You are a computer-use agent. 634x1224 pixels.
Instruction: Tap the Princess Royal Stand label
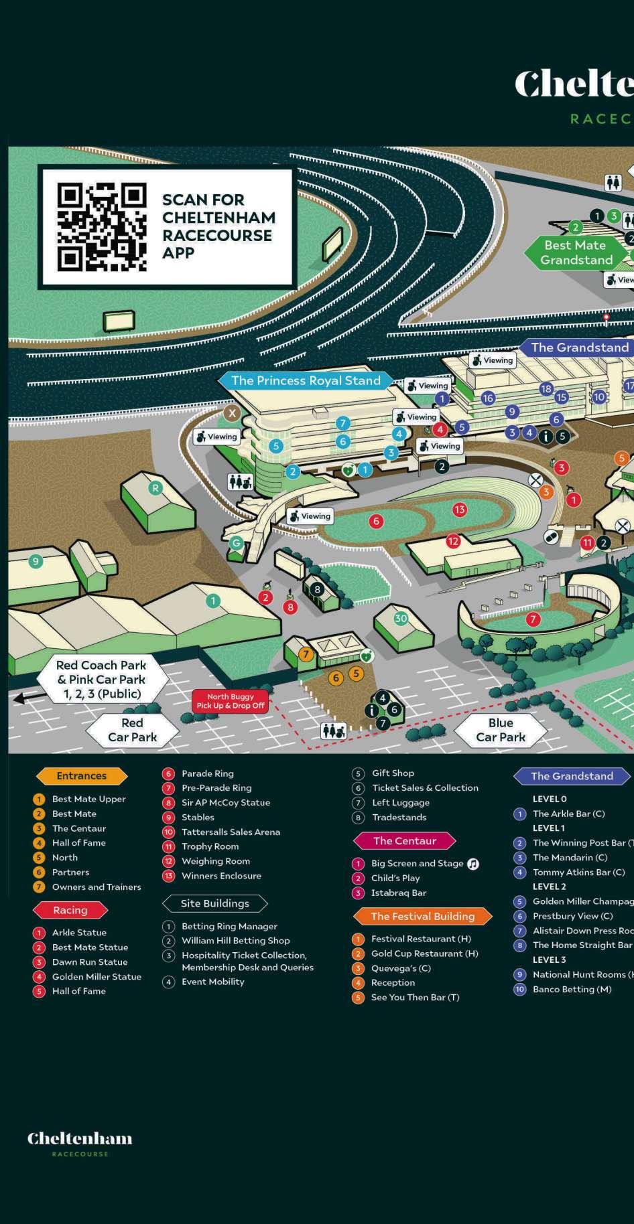click(x=306, y=380)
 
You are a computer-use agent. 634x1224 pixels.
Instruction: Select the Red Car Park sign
click(x=132, y=730)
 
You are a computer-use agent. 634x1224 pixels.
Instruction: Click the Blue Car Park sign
click(x=501, y=730)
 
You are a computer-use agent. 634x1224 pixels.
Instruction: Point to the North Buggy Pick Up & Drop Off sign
click(x=231, y=701)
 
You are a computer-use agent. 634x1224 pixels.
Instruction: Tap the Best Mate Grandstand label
click(x=576, y=252)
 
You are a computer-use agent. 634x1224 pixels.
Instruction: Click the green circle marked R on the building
click(x=155, y=487)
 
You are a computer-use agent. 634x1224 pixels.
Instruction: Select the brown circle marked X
click(x=232, y=412)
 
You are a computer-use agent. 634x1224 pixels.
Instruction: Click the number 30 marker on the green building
click(x=401, y=618)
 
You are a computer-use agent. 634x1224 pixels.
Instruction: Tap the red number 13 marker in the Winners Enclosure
click(x=459, y=510)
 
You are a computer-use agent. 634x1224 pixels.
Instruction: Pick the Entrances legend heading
click(x=81, y=776)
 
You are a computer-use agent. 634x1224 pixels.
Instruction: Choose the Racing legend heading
click(x=70, y=910)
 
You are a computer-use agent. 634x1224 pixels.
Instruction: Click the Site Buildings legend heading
click(x=214, y=903)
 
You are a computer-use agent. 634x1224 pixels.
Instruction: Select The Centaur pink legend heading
click(x=405, y=840)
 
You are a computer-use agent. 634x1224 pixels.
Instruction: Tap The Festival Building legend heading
click(x=422, y=916)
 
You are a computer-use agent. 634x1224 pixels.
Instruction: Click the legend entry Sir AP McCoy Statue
click(x=225, y=802)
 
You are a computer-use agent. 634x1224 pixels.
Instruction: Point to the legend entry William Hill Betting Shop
click(x=235, y=940)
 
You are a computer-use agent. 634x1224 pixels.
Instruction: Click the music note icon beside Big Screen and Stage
click(x=473, y=864)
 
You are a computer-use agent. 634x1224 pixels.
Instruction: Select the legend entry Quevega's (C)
click(x=400, y=968)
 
